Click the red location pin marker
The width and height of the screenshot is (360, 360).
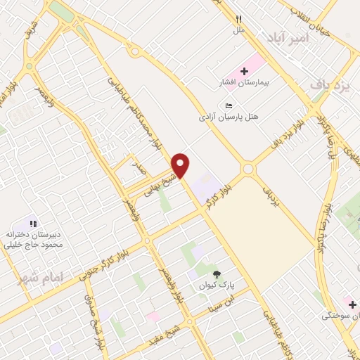(181, 165)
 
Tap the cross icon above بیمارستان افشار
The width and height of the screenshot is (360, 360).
(245, 70)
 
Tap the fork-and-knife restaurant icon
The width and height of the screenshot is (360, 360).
(239, 19)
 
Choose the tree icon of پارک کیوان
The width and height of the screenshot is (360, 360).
(216, 274)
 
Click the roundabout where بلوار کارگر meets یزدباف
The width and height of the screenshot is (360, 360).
(247, 169)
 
